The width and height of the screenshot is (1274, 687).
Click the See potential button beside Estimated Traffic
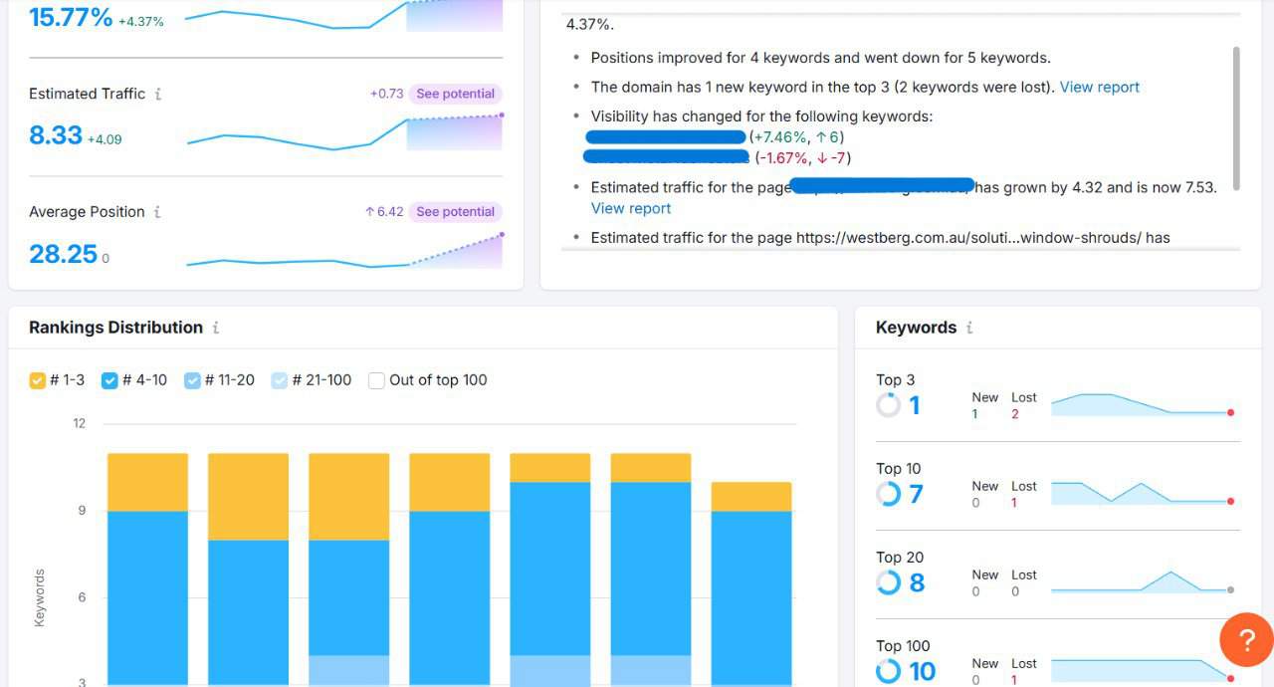coord(455,94)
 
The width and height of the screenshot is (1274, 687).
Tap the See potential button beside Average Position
coord(455,211)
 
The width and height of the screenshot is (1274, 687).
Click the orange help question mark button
coord(1246,639)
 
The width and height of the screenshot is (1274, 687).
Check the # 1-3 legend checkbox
coord(38,380)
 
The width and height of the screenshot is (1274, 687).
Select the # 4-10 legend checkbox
coord(110,380)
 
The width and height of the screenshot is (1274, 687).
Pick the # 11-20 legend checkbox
coord(192,380)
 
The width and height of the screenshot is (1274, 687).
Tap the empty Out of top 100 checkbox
coord(376,380)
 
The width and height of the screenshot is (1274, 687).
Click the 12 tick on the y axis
coord(80,423)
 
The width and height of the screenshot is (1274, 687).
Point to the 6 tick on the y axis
coord(80,597)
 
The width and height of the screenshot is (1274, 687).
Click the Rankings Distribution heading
coord(115,328)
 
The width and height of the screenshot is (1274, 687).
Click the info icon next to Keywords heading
coord(969,328)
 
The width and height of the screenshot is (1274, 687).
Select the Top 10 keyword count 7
coord(916,494)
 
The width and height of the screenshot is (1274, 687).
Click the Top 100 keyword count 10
coord(923,672)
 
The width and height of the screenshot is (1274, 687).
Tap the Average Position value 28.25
coord(63,254)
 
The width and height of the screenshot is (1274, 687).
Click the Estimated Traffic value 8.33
coord(56,135)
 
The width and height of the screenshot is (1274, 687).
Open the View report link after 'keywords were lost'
coord(1099,87)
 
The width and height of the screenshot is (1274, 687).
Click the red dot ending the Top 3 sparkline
coord(1231,412)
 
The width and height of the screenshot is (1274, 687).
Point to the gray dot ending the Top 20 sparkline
coord(1231,589)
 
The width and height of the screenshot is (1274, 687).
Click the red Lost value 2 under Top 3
coord(1015,414)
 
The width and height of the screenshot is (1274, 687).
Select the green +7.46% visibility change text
coord(778,136)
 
